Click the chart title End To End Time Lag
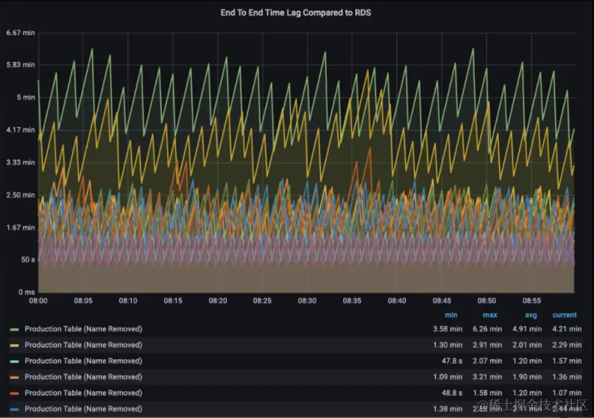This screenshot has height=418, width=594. (296, 12)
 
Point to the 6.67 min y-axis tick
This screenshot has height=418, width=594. (20, 32)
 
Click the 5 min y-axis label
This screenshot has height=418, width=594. (26, 97)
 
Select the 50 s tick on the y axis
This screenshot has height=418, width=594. (27, 259)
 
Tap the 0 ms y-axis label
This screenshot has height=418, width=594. (26, 292)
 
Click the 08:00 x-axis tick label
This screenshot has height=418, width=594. (38, 300)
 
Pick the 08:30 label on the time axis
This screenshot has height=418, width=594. (307, 300)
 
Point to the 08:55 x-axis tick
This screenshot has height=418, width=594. (531, 300)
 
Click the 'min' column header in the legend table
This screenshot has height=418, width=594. (451, 315)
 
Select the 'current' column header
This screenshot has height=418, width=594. (564, 315)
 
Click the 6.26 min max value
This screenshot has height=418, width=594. (487, 328)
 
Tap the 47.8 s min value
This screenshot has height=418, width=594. (450, 361)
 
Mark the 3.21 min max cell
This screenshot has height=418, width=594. (487, 377)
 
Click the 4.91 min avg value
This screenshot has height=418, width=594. (526, 328)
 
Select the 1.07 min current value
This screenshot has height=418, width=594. (567, 393)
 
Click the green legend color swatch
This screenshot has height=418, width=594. (14, 329)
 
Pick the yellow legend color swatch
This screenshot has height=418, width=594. (14, 345)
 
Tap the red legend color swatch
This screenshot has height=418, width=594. (14, 393)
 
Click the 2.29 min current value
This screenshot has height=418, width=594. (567, 345)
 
